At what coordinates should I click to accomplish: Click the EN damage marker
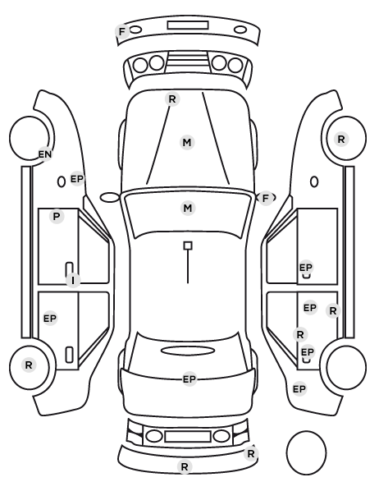pyautogui.click(x=45, y=154)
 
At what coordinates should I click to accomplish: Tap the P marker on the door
pyautogui.click(x=57, y=217)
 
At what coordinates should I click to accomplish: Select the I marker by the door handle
pyautogui.click(x=73, y=280)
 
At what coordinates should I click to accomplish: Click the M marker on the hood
pyautogui.click(x=187, y=143)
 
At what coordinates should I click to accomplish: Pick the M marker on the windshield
pyautogui.click(x=188, y=209)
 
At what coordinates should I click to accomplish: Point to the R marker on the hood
pyautogui.click(x=172, y=99)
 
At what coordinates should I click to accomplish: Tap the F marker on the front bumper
pyautogui.click(x=122, y=32)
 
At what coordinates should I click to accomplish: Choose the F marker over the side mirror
pyautogui.click(x=266, y=198)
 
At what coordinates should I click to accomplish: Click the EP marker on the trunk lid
pyautogui.click(x=189, y=379)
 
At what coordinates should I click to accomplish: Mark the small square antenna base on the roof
pyautogui.click(x=188, y=245)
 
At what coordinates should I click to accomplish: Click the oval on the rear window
pyautogui.click(x=188, y=351)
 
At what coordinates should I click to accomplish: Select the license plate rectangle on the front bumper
pyautogui.click(x=188, y=25)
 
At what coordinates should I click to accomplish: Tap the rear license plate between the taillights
pyautogui.click(x=188, y=436)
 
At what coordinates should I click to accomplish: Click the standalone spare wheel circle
pyautogui.click(x=306, y=452)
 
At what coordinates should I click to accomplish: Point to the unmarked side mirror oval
pyautogui.click(x=110, y=198)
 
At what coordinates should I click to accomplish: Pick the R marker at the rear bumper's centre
pyautogui.click(x=185, y=467)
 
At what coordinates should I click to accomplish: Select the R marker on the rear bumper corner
pyautogui.click(x=251, y=453)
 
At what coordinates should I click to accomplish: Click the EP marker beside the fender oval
pyautogui.click(x=77, y=179)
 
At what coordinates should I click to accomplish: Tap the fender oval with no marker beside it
pyautogui.click(x=314, y=182)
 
